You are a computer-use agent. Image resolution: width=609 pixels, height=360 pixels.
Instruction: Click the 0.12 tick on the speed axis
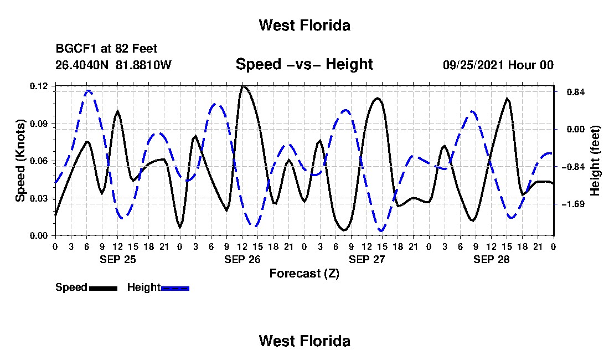coord(38,86)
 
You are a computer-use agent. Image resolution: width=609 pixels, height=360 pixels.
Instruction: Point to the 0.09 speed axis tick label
coord(38,124)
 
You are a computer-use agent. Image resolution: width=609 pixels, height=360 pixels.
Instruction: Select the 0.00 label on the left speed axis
coord(38,236)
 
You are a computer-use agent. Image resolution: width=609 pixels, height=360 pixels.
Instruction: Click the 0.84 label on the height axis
coord(576,92)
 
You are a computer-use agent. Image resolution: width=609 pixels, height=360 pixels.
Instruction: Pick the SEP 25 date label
coord(118,259)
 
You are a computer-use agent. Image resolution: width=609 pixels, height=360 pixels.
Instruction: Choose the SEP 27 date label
coord(367,259)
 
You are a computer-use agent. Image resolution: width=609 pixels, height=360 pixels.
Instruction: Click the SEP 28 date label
coord(491,259)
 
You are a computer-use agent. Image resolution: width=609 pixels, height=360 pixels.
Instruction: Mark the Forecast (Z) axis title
coord(304,274)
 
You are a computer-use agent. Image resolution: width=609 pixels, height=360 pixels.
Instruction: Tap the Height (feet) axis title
coord(595,161)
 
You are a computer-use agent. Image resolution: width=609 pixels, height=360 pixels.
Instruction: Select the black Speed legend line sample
coord(104,289)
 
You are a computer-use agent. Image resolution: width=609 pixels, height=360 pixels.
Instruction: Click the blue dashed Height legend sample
coord(175,289)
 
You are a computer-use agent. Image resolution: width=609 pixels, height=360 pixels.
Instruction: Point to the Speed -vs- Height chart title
coord(304,64)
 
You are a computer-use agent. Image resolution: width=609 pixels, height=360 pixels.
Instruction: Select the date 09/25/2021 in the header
coord(474,65)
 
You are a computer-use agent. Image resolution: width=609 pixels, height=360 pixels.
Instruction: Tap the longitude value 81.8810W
coord(143,64)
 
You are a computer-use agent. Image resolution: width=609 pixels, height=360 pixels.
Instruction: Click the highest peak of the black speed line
coord(243,86)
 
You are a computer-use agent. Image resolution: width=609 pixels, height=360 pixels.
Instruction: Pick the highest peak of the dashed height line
coord(89,91)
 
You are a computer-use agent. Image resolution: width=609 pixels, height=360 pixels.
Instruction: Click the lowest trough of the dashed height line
coord(382,231)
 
